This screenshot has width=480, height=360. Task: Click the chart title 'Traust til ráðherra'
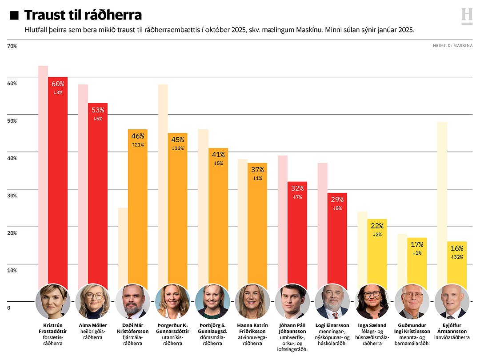(x=83, y=15)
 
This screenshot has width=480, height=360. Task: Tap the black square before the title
(x=14, y=16)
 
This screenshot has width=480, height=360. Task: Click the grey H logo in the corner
(x=467, y=16)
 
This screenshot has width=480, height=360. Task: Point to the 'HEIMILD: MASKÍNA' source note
(x=452, y=45)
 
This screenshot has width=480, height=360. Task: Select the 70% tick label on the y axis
(x=12, y=46)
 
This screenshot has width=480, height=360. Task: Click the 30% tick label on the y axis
(x=12, y=196)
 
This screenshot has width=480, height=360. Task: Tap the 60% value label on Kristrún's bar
(x=58, y=84)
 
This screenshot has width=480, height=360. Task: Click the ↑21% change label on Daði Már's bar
(x=137, y=145)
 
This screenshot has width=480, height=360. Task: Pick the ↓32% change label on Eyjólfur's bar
(x=456, y=257)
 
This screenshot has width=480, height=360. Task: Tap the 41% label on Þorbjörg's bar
(x=218, y=155)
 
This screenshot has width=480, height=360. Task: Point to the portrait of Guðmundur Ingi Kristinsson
(x=412, y=301)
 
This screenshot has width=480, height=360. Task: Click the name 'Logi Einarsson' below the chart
(x=332, y=325)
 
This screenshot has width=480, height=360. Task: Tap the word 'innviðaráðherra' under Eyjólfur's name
(x=452, y=337)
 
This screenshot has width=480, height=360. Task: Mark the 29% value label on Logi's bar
(x=337, y=200)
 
